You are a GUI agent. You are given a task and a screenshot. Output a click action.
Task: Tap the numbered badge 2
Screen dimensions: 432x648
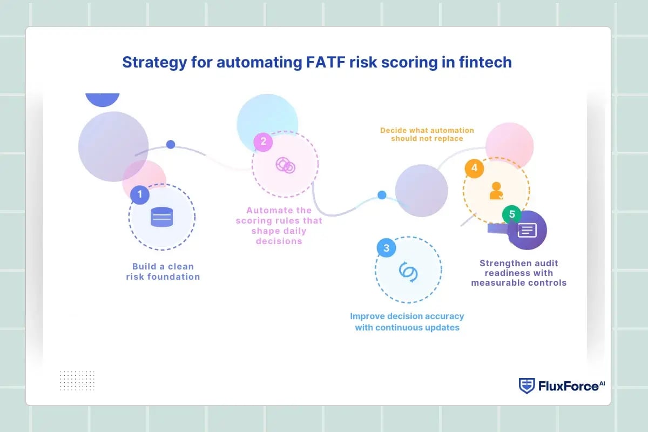(x=263, y=141)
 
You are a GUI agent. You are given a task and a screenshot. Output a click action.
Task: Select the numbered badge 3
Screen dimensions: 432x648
(x=386, y=248)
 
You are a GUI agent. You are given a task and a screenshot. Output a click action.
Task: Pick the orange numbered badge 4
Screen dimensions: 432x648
(x=474, y=168)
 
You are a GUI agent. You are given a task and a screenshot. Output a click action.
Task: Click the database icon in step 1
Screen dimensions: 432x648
(x=161, y=217)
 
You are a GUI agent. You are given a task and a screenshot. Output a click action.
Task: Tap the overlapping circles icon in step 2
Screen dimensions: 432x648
(x=285, y=165)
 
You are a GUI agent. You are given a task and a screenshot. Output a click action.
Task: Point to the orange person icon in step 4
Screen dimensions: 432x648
(x=496, y=191)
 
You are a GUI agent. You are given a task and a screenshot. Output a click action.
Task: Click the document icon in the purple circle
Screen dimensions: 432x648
(x=527, y=231)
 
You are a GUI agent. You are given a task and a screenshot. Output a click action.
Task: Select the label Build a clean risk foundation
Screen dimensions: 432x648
(x=163, y=272)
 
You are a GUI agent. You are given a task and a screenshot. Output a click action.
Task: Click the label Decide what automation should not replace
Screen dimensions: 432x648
(x=427, y=134)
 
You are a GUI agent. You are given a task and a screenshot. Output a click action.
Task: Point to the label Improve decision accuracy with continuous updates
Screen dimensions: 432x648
(x=407, y=322)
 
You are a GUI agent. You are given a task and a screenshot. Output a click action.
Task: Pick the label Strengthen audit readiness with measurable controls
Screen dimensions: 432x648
(x=518, y=273)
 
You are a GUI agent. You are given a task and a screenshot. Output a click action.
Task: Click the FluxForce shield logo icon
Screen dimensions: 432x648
(x=526, y=386)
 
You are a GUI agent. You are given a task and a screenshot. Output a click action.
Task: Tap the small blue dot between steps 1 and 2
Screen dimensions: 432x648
(x=171, y=145)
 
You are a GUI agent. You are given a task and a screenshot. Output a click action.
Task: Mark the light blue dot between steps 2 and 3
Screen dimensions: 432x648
(x=382, y=195)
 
